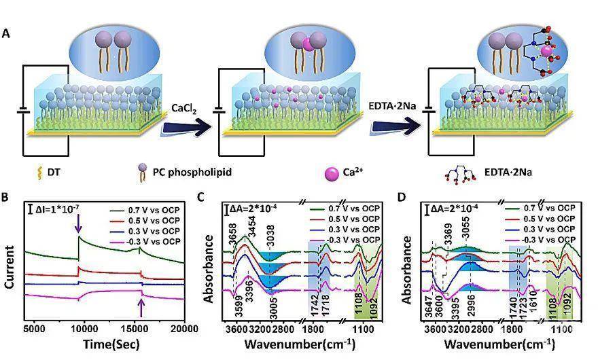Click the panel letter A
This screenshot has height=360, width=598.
click(x=6, y=33)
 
